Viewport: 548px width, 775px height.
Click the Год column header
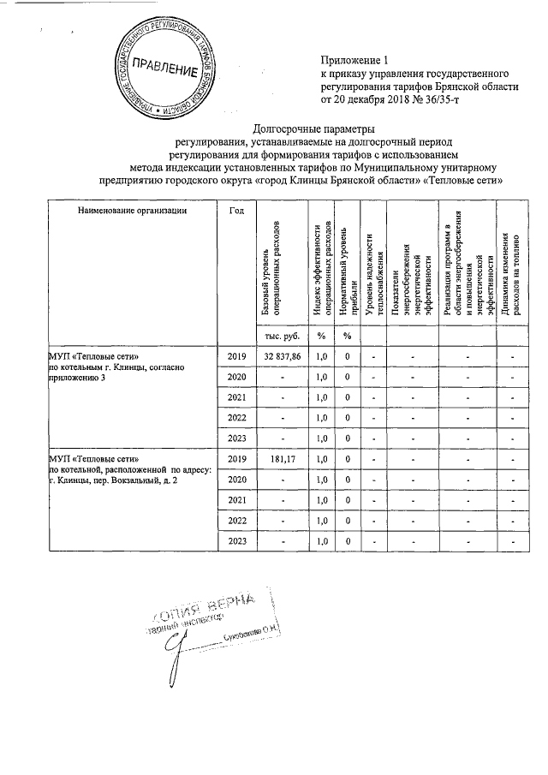(x=235, y=210)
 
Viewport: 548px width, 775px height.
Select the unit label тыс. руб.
(x=277, y=334)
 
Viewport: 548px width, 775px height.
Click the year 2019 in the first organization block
(x=235, y=355)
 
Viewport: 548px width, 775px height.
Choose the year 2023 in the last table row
(x=235, y=541)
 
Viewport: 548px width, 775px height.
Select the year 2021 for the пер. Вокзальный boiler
(x=235, y=501)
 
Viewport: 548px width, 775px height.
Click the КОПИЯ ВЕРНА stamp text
(x=220, y=611)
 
